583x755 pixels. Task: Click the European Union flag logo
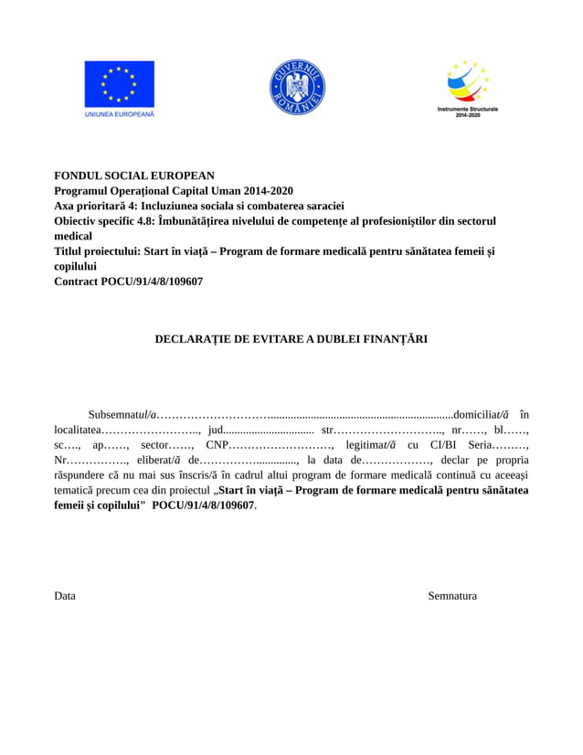point(120,84)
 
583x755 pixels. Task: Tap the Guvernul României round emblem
point(297,88)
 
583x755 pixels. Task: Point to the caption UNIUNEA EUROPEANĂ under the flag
point(120,115)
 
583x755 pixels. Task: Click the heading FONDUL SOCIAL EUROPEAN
point(134,175)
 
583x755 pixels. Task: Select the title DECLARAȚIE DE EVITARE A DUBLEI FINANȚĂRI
point(291,339)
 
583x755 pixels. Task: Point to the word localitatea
point(78,429)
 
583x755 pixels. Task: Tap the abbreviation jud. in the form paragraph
point(217,429)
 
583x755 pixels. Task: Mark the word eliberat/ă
point(161,460)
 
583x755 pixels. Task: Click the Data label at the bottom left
point(65,596)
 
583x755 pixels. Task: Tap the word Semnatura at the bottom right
point(452,596)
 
